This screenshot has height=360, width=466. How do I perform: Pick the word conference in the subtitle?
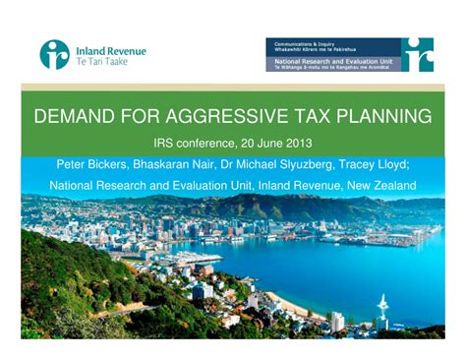click(x=204, y=142)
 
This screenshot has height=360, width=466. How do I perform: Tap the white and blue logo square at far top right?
click(x=417, y=53)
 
